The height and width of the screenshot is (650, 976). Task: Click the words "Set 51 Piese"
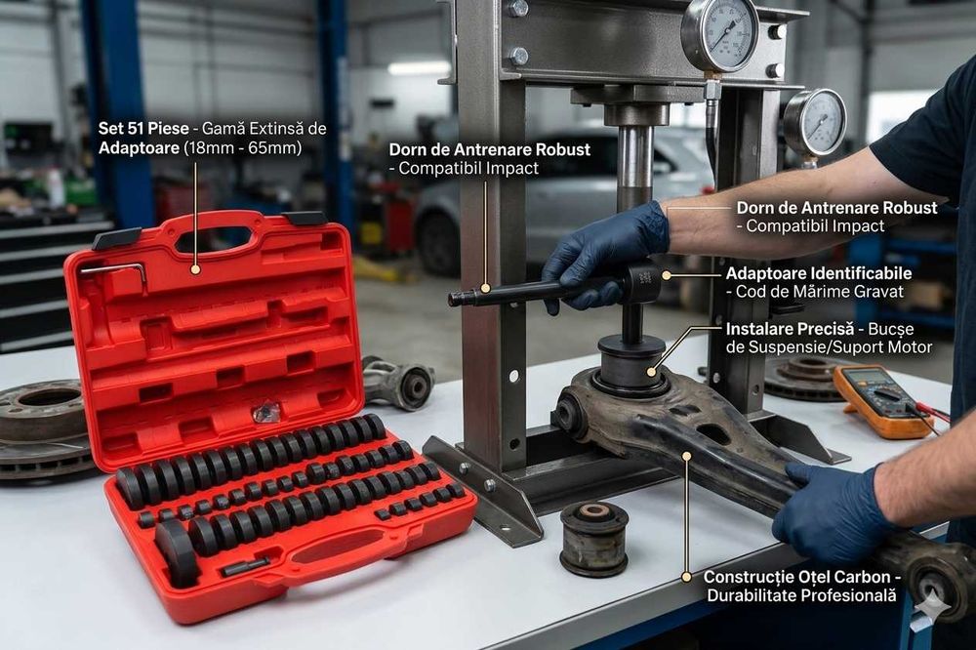coord(143,129)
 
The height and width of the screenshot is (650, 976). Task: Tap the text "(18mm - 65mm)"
coord(243,148)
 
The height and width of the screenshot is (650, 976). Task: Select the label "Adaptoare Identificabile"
coord(819,273)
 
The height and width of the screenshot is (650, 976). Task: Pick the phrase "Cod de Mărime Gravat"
coord(819,292)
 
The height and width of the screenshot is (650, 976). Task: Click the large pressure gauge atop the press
coord(719,33)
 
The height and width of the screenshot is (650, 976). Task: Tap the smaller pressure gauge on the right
coord(814,123)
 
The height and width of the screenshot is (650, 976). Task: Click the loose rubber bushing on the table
coord(593,538)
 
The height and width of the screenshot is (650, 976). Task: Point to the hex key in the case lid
coord(116,271)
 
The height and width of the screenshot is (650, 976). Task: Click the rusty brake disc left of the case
coord(42,429)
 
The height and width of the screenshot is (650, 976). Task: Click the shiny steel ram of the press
coord(635,166)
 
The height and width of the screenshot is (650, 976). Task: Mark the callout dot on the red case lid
coord(195,270)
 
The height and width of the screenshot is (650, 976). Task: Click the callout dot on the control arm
coord(686,456)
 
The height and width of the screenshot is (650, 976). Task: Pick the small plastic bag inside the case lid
coord(267,412)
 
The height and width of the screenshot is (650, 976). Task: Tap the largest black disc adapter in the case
coord(177,553)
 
